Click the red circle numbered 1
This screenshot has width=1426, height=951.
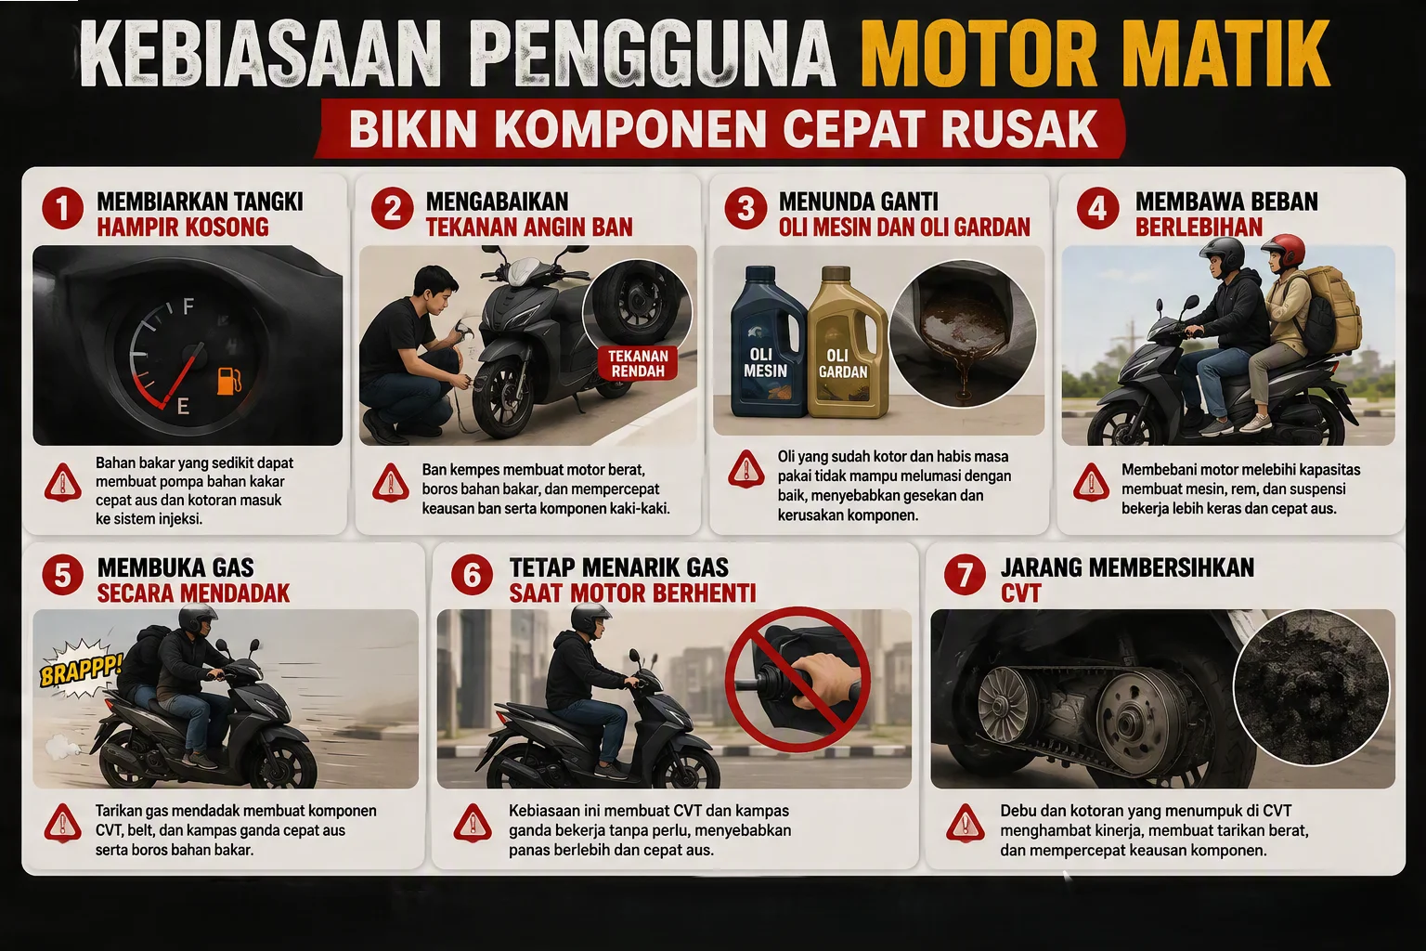pos(62,209)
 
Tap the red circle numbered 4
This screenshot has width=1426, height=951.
pos(1097,209)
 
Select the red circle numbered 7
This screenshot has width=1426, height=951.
pos(966,575)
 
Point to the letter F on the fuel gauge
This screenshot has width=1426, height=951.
pos(188,307)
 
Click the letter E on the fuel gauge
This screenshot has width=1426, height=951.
pos(183,407)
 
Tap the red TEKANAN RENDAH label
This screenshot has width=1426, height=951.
pos(637,363)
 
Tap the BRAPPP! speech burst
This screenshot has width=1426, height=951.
pos(80,670)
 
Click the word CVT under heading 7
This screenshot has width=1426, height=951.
pos(1020,593)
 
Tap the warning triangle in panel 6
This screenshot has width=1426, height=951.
pos(473,823)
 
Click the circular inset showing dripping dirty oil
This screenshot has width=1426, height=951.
pos(963,333)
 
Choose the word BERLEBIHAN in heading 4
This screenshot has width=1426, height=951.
pos(1199,228)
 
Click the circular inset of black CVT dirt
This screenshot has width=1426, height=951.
pos(1312,687)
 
